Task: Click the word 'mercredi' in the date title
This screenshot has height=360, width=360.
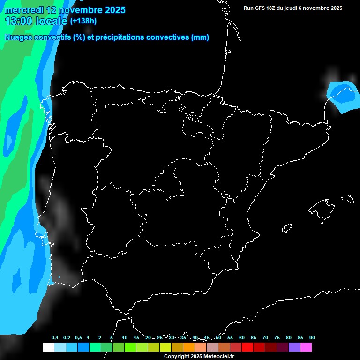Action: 23,10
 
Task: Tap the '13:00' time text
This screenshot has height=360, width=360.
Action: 19,21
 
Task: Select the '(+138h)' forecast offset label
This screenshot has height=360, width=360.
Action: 83,21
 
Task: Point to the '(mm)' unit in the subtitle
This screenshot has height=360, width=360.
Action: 200,37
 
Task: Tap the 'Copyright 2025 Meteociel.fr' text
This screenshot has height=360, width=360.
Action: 199,357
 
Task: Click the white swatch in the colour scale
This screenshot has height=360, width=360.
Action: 48,347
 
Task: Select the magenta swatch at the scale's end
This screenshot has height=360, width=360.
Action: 306,347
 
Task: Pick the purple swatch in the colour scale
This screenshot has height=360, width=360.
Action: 294,347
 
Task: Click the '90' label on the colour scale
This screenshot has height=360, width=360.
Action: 312,338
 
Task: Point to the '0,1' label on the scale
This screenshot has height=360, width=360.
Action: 55,338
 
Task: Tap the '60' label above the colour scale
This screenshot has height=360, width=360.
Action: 241,338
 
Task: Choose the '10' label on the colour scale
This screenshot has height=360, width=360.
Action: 124,338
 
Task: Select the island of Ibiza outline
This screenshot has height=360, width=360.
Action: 287,228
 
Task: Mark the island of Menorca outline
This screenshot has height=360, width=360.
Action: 347,199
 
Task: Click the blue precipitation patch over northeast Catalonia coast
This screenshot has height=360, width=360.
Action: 343,96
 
